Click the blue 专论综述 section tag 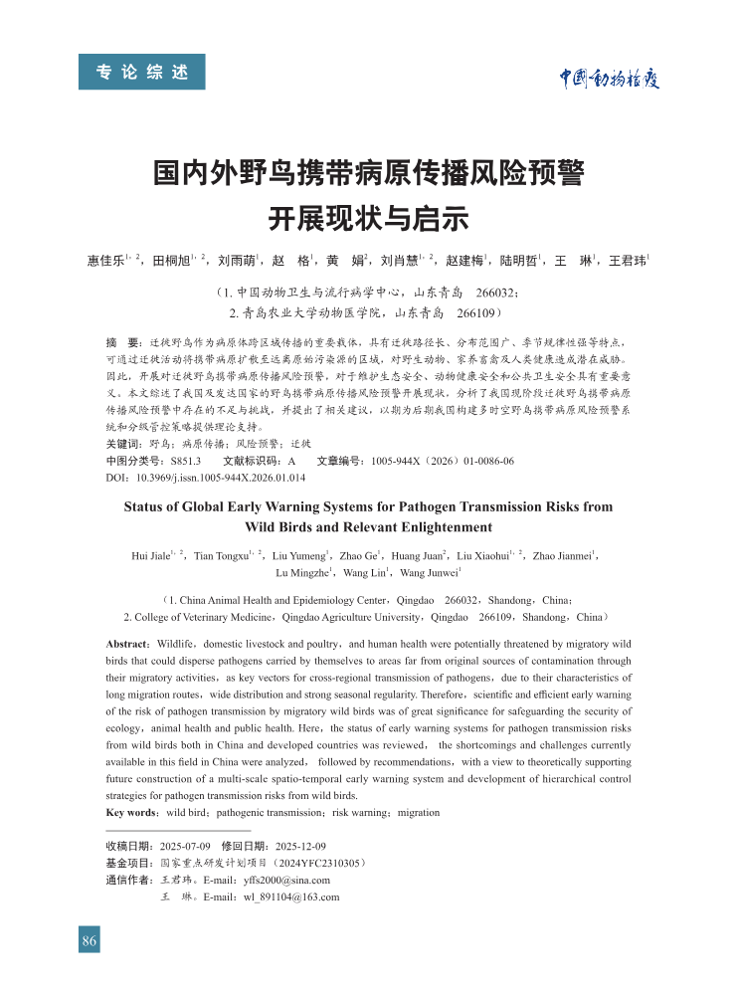pyautogui.click(x=142, y=72)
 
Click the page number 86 pyautogui.click(x=90, y=941)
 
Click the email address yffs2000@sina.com pyautogui.click(x=287, y=880)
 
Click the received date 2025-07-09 pyautogui.click(x=185, y=846)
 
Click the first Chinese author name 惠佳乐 pyautogui.click(x=105, y=262)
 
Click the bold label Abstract pyautogui.click(x=127, y=645)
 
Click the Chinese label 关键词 pyautogui.click(x=123, y=444)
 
